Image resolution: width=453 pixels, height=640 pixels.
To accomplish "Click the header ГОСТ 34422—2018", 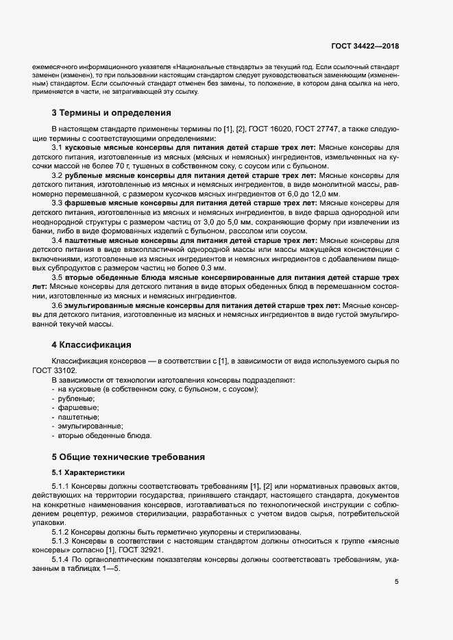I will pyautogui.click(x=365, y=46).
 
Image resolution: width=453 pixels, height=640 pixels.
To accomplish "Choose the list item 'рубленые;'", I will pyautogui.click(x=77, y=398).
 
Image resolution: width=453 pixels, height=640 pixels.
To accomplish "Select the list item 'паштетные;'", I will pyautogui.click(x=79, y=416).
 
